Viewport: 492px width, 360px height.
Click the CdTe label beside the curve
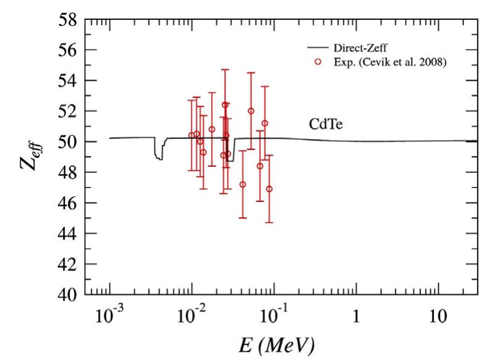click(x=326, y=125)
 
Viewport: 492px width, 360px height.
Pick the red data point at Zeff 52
click(x=251, y=111)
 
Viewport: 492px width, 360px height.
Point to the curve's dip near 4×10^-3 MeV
click(x=159, y=158)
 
